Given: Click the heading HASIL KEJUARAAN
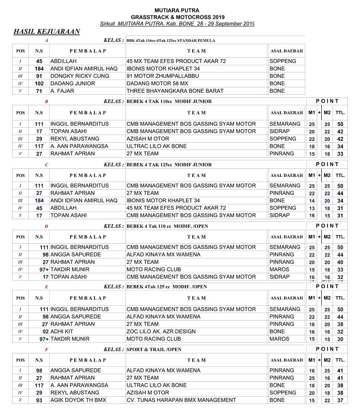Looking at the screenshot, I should click(47, 32).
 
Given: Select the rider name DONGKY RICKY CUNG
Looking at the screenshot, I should click(80, 76).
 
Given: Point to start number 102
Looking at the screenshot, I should click(39, 83).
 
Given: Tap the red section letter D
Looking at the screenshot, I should click(46, 226).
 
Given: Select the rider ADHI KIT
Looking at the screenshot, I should click(63, 331).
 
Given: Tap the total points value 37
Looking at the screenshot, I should click(340, 400).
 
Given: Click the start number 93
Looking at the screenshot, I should click(39, 400).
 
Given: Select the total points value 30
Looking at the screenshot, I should click(340, 339).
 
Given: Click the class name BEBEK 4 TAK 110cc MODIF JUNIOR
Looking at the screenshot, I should click(169, 102).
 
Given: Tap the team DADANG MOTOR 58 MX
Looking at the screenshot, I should click(157, 83).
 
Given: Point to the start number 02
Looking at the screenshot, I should click(45, 331).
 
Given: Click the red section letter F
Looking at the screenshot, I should click(46, 350).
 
